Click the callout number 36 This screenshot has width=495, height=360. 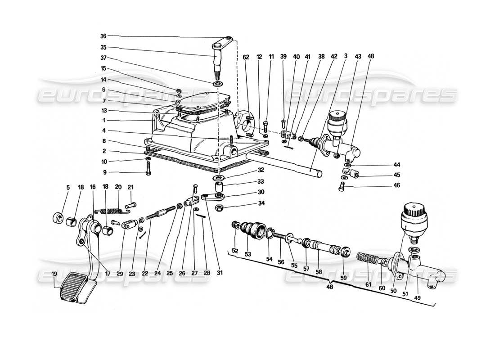pos(103,36)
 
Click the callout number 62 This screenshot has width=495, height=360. pos(246,57)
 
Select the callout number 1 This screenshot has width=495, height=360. pos(103,121)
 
